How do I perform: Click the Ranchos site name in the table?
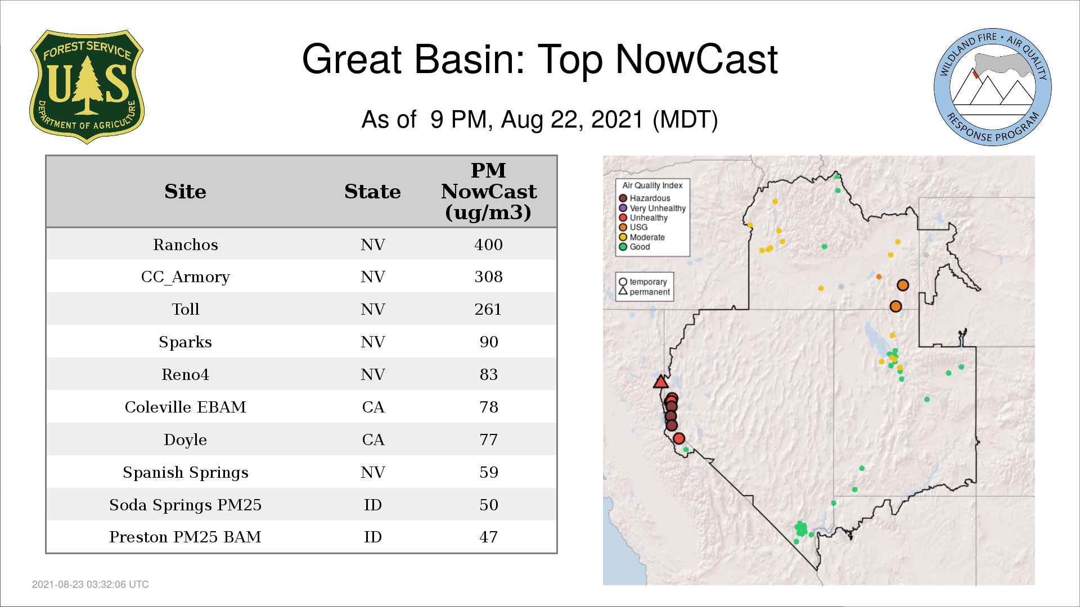[x=185, y=244]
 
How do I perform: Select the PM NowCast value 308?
[x=488, y=277]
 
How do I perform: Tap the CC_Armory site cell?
[x=185, y=277]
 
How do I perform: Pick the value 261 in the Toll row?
[x=488, y=309]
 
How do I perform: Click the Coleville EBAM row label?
[x=185, y=407]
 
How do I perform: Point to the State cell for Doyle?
[x=373, y=440]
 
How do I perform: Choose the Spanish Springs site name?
[x=185, y=472]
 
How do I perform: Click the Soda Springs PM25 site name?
[x=185, y=505]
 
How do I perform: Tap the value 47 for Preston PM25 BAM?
[x=488, y=537]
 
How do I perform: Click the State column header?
[x=372, y=192]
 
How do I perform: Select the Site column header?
[x=185, y=192]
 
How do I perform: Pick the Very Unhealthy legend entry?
[x=652, y=208]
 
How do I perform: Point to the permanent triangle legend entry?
[x=644, y=292]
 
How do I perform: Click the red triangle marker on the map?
[x=660, y=382]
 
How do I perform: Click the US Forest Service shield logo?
[x=87, y=87]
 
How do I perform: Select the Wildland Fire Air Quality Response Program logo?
[x=992, y=87]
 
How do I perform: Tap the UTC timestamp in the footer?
[x=91, y=585]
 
